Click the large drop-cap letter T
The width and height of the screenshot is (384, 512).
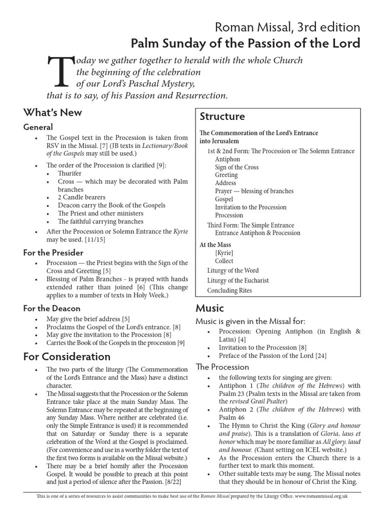tap(59, 71)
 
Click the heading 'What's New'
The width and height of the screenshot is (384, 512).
tap(52, 112)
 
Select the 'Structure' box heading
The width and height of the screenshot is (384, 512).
tap(222, 116)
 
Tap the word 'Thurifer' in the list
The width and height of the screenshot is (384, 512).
tap(69, 173)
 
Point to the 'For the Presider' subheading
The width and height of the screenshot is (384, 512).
tap(53, 252)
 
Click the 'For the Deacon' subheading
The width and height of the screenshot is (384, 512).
tap(51, 308)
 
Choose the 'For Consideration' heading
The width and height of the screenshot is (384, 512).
tap(67, 356)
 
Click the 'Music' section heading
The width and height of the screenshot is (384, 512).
tap(209, 308)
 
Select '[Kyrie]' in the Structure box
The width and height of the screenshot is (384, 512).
tap(224, 253)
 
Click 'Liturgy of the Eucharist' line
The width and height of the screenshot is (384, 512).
tap(238, 280)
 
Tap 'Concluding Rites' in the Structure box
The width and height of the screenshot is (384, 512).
tap(229, 290)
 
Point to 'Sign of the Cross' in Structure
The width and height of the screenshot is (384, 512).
tap(237, 167)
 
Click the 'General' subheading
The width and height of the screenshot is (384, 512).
tap(38, 127)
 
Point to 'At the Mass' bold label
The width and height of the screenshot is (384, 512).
tap(215, 245)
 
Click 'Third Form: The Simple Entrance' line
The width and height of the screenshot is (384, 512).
tap(250, 225)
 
